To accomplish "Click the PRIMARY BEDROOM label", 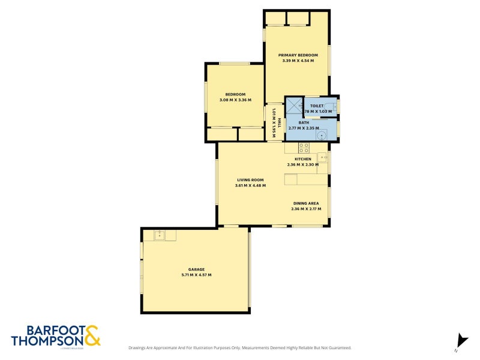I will [x=298, y=55].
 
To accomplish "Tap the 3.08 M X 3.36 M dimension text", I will [x=235, y=100].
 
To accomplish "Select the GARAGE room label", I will [x=196, y=269].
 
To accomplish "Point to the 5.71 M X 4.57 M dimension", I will [x=196, y=275].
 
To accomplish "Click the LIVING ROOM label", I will [x=250, y=179].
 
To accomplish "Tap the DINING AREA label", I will [x=306, y=203].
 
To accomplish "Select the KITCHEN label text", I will [x=302, y=159].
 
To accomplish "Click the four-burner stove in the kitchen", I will [x=304, y=147].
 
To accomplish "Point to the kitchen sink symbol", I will [x=322, y=158].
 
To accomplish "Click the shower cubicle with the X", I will [x=293, y=105].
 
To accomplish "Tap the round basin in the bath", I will [x=323, y=135].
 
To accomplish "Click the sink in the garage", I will [x=160, y=235].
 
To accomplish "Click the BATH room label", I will [x=304, y=122].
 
